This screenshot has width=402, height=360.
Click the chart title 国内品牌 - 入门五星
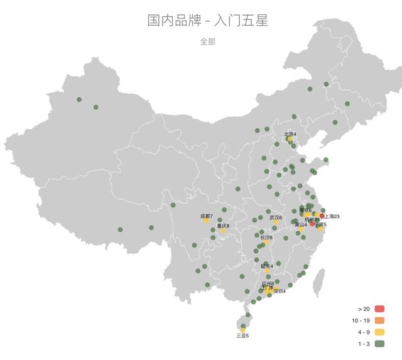tap(208, 21)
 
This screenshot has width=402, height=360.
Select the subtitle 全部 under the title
tap(208, 41)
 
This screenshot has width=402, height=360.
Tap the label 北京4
tap(290, 134)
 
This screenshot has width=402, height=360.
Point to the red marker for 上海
tap(322, 216)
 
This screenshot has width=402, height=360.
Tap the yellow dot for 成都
tap(206, 221)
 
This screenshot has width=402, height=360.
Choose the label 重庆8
tap(223, 226)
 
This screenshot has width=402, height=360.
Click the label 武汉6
tap(276, 217)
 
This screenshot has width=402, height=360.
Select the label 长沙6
tap(266, 237)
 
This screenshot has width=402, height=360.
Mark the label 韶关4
tap(267, 266)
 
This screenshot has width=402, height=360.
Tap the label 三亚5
tap(242, 335)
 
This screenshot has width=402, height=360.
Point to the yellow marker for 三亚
tap(242, 329)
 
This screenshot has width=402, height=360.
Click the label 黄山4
tap(301, 224)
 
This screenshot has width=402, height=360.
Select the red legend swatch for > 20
tap(379, 309)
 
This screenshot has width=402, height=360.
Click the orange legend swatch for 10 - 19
tap(379, 320)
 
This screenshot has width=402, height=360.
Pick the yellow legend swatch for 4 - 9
tap(379, 332)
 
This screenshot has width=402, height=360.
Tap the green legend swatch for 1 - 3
tap(379, 344)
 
